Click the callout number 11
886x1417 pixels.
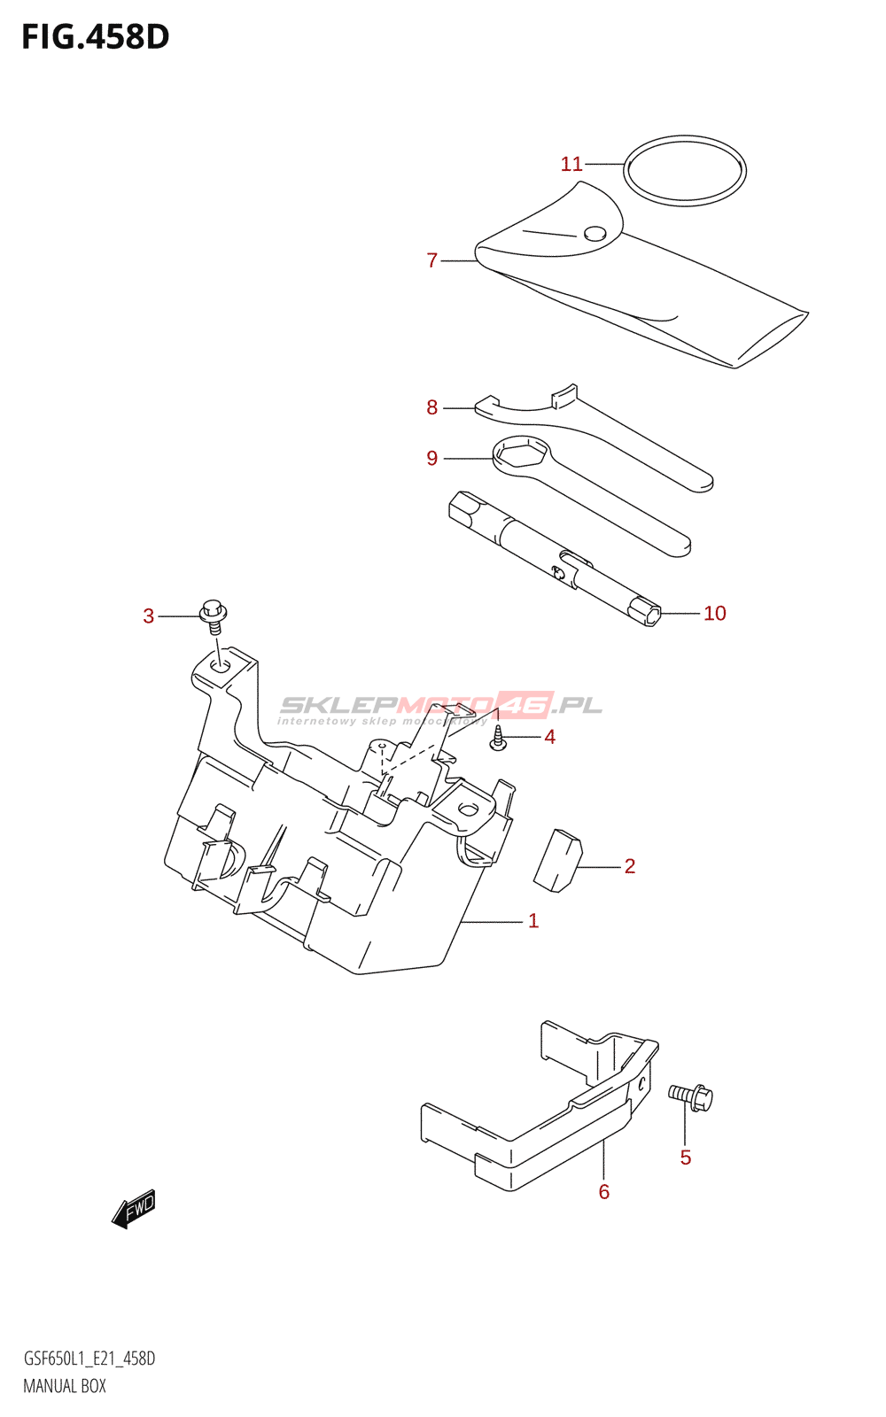click(x=571, y=164)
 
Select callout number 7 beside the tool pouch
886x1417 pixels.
click(x=431, y=260)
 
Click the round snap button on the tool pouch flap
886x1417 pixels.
click(x=595, y=234)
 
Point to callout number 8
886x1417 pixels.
click(x=431, y=407)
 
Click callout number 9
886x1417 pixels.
click(x=431, y=458)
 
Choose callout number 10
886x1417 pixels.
click(x=714, y=613)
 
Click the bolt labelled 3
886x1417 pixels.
click(x=214, y=614)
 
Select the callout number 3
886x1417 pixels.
click(x=149, y=616)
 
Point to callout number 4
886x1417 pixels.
click(x=549, y=737)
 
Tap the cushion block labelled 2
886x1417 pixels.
click(x=557, y=858)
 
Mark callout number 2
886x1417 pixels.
click(x=629, y=866)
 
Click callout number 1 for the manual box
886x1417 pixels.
click(x=533, y=921)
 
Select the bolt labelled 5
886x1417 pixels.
click(x=691, y=1097)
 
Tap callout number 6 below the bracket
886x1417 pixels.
click(x=604, y=1192)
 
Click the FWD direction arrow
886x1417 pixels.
click(x=135, y=1208)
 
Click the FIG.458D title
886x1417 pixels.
click(x=96, y=37)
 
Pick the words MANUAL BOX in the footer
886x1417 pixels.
click(x=65, y=1386)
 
